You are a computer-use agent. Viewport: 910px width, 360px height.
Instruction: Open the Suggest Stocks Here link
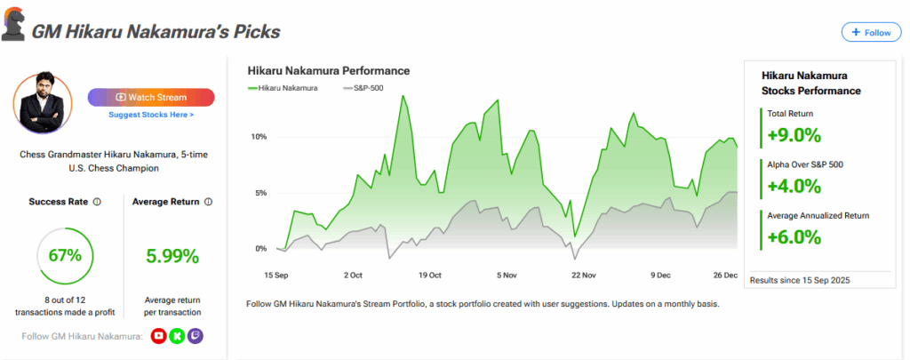151,115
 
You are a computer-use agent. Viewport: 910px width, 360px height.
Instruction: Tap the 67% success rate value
65,256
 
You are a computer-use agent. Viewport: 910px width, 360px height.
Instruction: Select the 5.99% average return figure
172,256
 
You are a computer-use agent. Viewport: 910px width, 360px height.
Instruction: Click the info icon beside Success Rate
97,202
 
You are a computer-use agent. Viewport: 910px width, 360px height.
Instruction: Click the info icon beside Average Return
208,202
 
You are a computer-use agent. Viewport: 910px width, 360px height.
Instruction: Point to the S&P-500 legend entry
364,88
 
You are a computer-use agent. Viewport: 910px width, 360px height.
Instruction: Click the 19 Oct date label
430,275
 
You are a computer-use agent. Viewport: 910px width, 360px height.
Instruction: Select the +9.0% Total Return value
794,136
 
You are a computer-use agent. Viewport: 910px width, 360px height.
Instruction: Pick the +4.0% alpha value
794,186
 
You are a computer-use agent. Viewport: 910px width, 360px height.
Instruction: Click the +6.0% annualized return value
794,236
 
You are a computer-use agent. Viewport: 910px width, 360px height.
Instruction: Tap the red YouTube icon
158,335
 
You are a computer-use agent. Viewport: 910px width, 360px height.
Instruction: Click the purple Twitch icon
196,335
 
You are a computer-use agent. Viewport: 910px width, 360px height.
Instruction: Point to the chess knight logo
13,28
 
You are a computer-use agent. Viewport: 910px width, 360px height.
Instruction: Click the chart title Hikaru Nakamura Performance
328,69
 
